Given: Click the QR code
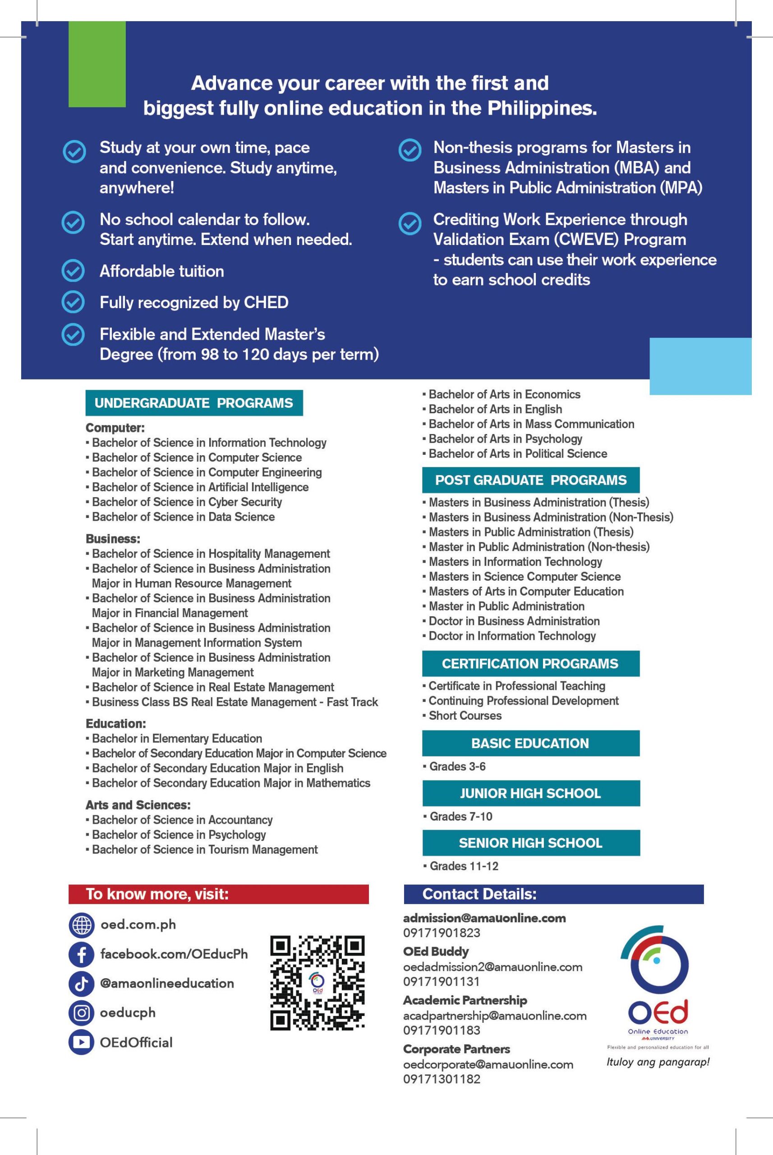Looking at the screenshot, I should click(317, 983).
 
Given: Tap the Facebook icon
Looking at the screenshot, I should click(81, 954).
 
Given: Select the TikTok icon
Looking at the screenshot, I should click(81, 984).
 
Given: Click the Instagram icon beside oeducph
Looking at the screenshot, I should click(81, 1013).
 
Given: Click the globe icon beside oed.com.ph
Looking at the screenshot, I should click(81, 925).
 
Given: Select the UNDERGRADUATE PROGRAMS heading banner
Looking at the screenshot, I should click(194, 403).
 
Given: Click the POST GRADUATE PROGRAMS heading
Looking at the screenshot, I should click(530, 480).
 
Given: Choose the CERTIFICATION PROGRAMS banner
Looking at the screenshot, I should click(530, 663).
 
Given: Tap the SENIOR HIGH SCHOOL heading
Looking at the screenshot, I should click(530, 843).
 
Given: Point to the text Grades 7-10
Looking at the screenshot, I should click(461, 816).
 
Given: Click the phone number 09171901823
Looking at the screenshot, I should click(441, 933).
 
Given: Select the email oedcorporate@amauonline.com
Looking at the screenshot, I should click(488, 1064).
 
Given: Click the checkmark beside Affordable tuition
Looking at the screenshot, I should click(73, 271).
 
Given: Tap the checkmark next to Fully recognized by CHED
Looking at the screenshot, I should click(73, 302).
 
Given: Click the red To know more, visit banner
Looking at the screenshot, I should click(218, 894).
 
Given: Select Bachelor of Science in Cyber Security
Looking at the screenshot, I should click(187, 502).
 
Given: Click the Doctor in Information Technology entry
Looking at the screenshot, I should click(512, 636).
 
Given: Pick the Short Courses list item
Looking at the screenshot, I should click(465, 716).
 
